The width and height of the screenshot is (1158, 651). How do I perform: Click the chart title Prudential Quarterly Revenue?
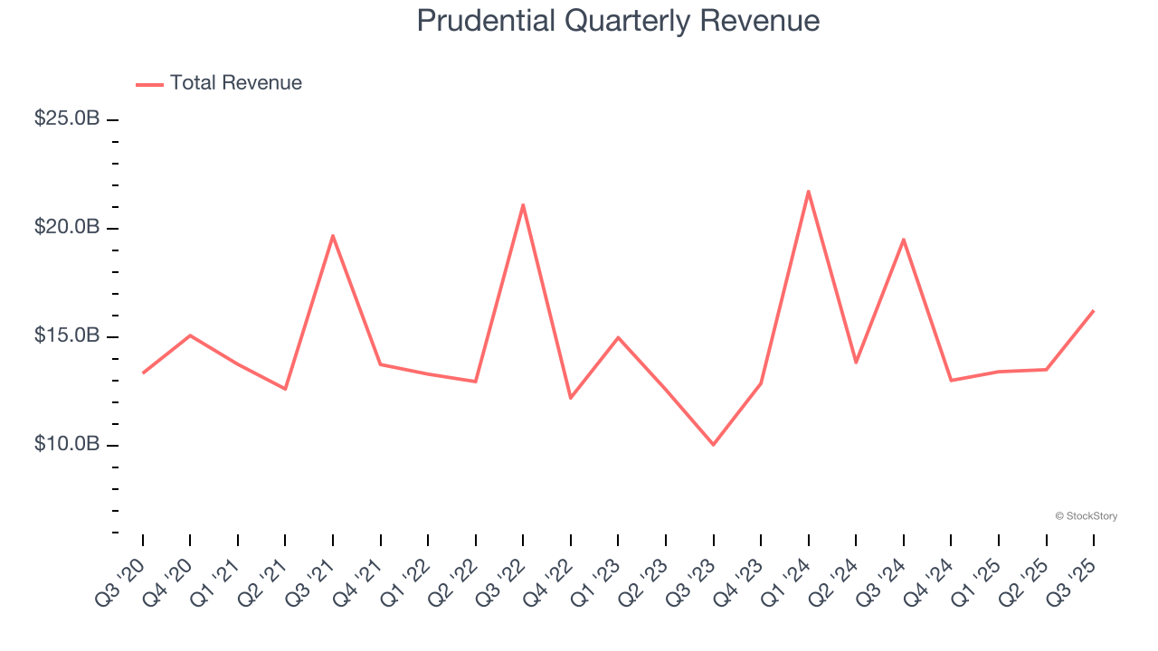618,21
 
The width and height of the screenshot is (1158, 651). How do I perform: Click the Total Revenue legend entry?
219,83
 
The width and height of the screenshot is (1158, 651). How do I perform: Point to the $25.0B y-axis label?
67,118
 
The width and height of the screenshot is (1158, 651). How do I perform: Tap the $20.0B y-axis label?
67,227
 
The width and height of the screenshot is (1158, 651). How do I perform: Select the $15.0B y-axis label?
67,335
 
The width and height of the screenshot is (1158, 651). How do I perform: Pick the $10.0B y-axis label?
67,444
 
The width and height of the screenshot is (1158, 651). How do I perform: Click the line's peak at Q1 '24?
808,191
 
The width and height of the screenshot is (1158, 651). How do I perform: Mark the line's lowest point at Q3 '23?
713,444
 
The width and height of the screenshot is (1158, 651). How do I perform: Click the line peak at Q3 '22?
523,204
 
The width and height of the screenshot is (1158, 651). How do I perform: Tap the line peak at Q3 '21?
333,235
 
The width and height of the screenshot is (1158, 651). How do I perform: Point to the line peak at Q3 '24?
903,240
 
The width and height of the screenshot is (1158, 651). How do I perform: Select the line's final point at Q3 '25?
1093,311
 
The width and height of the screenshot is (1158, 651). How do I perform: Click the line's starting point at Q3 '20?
143,373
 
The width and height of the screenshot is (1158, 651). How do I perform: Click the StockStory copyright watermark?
1086,516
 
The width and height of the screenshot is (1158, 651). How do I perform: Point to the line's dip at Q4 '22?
571,398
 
